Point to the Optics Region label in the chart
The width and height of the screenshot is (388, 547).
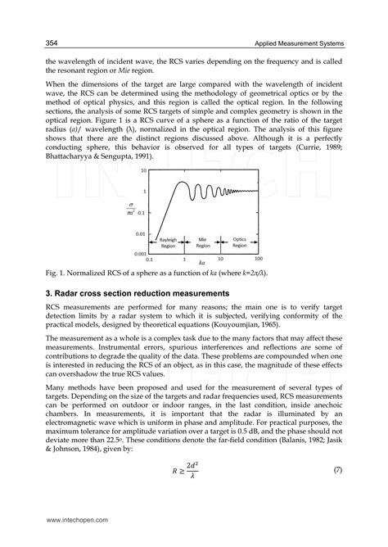click(x=238, y=242)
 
